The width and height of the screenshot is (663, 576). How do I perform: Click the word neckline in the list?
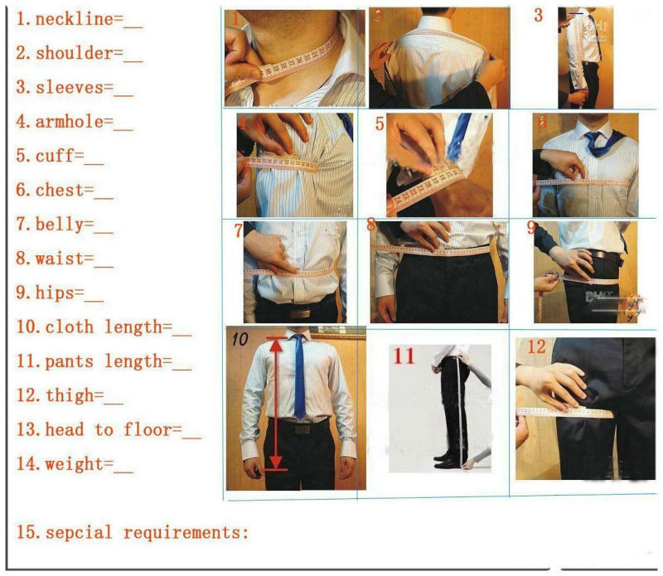(74, 19)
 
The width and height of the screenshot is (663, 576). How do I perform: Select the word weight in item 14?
(75, 464)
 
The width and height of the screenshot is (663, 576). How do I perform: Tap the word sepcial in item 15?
(79, 533)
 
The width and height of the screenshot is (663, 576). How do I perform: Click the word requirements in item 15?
(186, 533)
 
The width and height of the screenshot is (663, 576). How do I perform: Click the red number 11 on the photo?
(404, 356)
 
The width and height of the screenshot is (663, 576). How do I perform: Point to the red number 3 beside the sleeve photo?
(539, 15)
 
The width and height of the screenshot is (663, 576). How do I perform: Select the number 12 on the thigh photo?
(536, 346)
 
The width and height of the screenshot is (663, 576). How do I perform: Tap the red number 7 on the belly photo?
(238, 231)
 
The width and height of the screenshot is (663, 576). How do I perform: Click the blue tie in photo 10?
(298, 377)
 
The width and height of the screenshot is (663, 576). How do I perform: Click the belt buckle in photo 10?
(299, 429)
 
